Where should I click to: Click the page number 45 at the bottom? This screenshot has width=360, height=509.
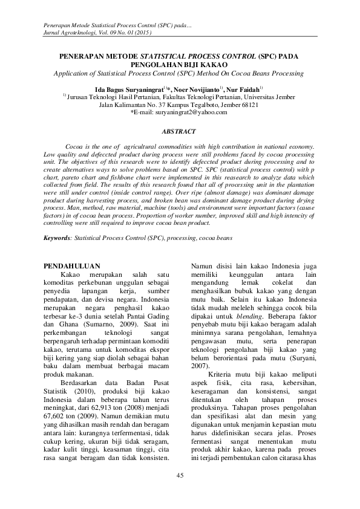pyautogui.click(x=180, y=475)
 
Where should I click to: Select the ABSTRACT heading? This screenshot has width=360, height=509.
pyautogui.click(x=180, y=131)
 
